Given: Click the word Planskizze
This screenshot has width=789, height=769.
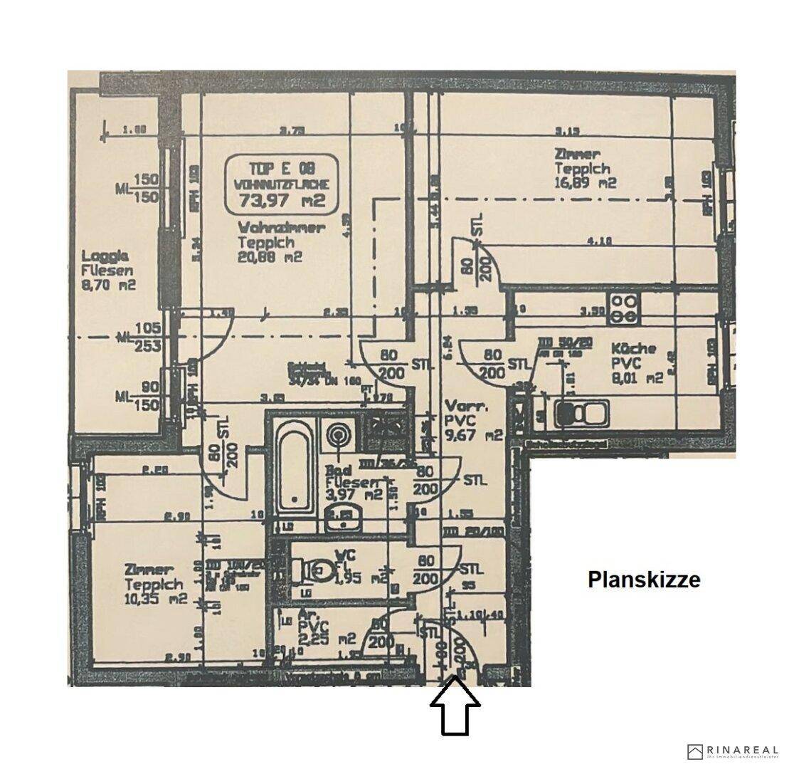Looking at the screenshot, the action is (x=644, y=580).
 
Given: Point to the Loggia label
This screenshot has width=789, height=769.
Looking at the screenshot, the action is (x=105, y=256).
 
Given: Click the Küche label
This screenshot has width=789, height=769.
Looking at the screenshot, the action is (x=633, y=350).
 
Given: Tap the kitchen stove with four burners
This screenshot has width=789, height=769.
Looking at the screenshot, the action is (x=623, y=308).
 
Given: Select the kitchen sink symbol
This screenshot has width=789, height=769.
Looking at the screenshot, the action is (x=581, y=413).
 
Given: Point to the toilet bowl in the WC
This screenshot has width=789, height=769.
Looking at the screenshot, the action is (x=322, y=570).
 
